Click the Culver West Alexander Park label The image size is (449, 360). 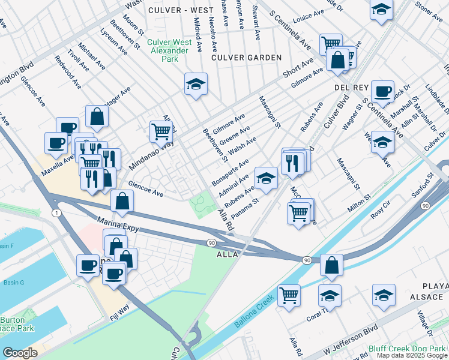pyautogui.click(x=174, y=51)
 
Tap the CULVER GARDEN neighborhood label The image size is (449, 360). pyautogui.click(x=247, y=58)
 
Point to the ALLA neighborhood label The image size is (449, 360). pyautogui.click(x=227, y=254)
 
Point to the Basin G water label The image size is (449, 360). pyautogui.click(x=13, y=283)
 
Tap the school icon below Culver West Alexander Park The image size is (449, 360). pyautogui.click(x=196, y=84)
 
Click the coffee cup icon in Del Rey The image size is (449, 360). pyautogui.click(x=382, y=91)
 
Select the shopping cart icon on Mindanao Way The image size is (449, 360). pyautogui.click(x=160, y=131)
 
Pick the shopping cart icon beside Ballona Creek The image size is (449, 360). pyautogui.click(x=289, y=295)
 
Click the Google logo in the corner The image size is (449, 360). pyautogui.click(x=20, y=353)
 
